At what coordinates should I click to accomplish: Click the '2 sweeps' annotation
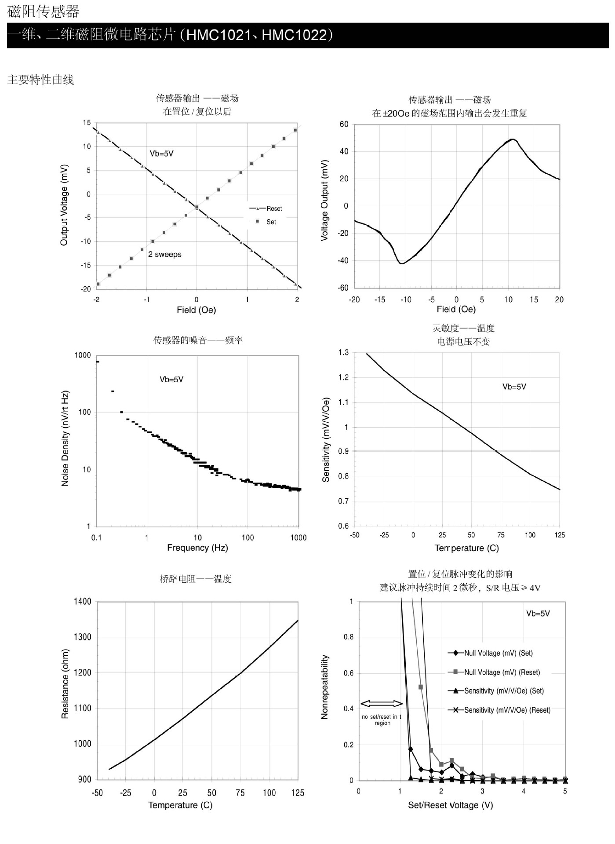point(165,254)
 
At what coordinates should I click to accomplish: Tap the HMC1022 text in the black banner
point(294,35)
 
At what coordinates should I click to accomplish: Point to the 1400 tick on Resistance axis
point(83,601)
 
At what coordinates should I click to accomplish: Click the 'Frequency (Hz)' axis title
point(197,548)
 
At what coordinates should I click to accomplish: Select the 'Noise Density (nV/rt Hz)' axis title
point(65,438)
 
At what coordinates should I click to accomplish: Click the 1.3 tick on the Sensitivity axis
point(343,353)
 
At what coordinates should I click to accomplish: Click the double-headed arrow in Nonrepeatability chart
point(381,704)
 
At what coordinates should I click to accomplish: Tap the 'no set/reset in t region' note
point(382,720)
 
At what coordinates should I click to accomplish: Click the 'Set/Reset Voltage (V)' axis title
point(450,805)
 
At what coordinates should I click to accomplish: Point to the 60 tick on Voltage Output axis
point(344,124)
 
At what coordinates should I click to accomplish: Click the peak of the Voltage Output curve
point(512,139)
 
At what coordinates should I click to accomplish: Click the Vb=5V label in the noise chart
point(171,379)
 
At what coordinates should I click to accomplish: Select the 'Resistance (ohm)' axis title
point(65,684)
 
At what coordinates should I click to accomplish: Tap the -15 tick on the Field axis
point(379,300)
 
